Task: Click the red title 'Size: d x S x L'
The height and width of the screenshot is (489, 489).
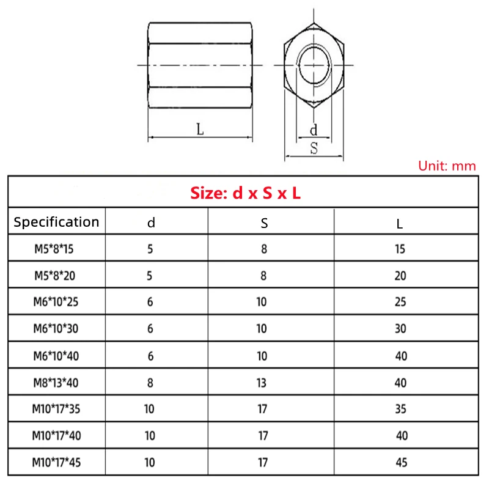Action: [245, 194]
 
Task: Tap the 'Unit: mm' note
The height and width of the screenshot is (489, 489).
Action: [447, 166]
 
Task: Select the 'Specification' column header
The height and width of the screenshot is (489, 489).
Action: [56, 222]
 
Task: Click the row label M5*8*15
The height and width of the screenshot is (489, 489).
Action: [56, 249]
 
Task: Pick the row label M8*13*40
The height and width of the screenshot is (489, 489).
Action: [56, 383]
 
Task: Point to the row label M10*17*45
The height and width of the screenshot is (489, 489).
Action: [56, 463]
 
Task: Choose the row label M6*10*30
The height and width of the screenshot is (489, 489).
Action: [56, 329]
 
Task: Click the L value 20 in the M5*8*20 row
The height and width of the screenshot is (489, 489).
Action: [400, 276]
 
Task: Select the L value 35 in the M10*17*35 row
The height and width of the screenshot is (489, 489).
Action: [400, 409]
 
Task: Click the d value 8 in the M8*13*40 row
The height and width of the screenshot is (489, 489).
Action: [150, 383]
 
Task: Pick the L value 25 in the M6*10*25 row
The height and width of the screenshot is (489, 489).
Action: [400, 303]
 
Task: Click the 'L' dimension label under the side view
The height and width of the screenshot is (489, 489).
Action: [200, 129]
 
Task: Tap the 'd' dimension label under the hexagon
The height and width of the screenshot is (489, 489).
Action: [314, 130]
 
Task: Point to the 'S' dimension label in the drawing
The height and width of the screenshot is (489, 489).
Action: [314, 148]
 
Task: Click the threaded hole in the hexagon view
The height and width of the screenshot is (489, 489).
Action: [313, 64]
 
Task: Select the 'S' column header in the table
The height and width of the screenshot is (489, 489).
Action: [264, 223]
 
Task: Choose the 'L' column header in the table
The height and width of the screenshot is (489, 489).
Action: [400, 224]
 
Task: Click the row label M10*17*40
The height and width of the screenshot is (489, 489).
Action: [56, 436]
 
